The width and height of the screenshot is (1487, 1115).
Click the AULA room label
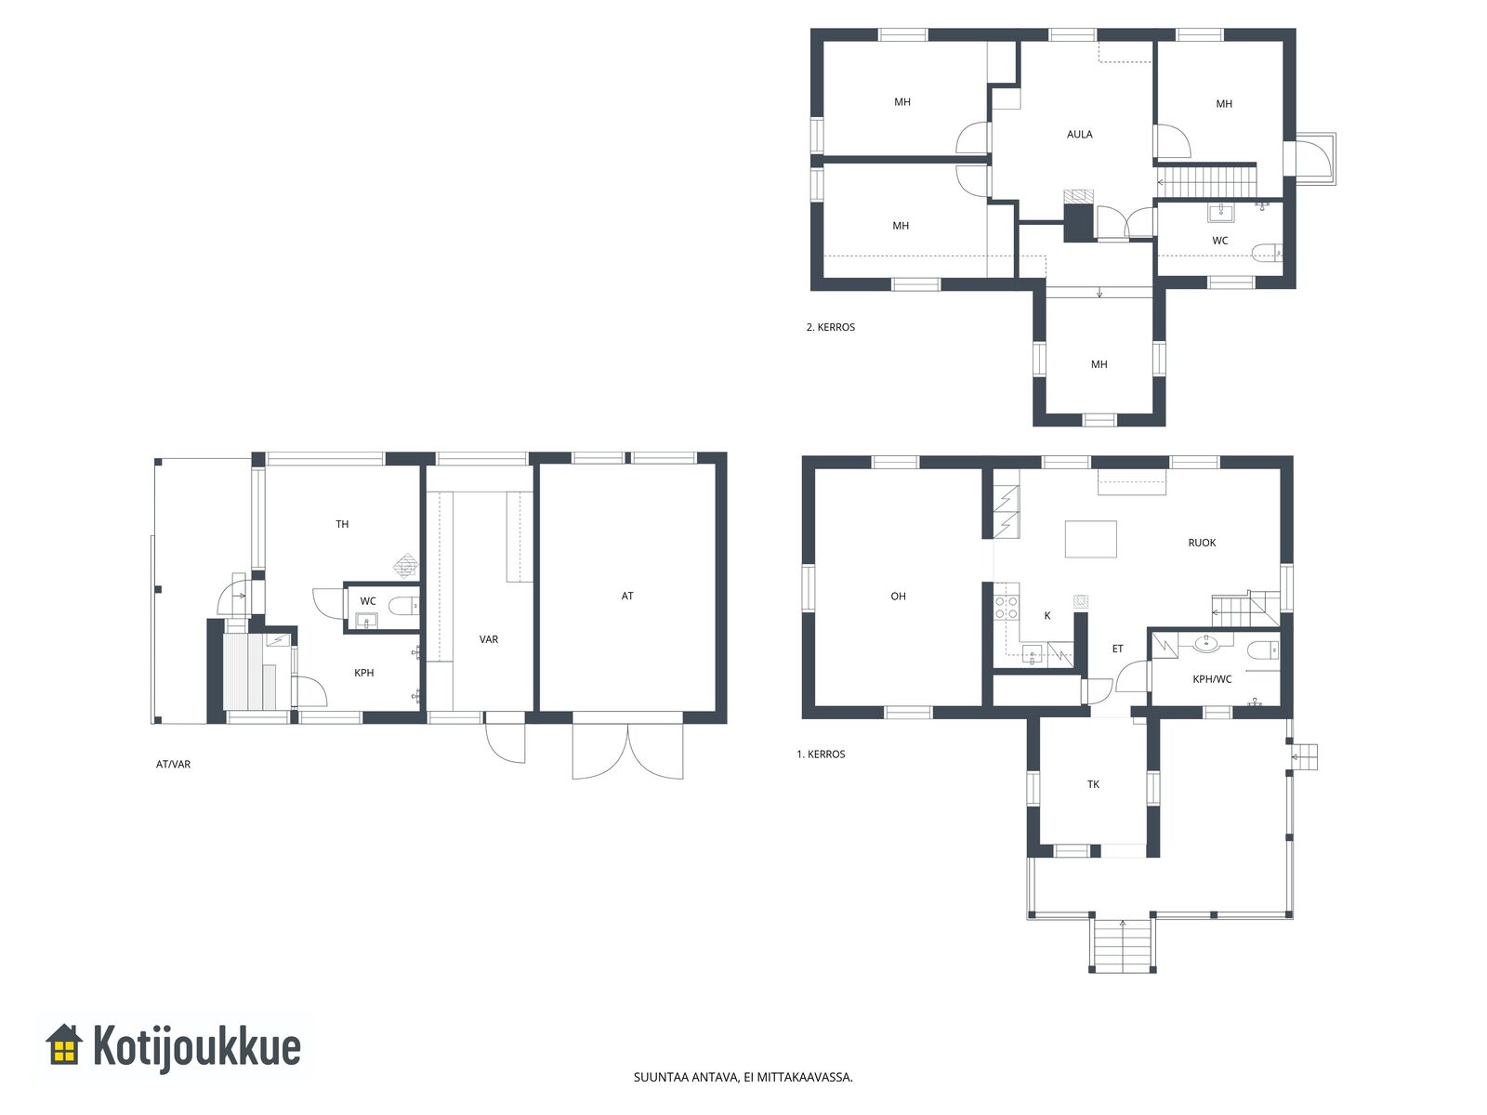tap(1079, 134)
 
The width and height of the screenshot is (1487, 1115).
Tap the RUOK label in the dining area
tap(1202, 543)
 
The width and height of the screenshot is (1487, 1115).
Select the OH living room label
tap(898, 596)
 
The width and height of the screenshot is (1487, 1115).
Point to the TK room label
tap(1093, 784)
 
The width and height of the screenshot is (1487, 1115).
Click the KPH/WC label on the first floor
tap(1212, 679)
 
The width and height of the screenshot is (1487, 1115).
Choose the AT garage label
tap(627, 596)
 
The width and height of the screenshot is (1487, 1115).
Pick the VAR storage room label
tap(489, 639)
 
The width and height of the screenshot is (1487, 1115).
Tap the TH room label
tap(342, 524)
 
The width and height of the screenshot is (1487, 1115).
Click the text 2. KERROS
tap(831, 327)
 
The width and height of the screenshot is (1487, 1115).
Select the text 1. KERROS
tap(821, 754)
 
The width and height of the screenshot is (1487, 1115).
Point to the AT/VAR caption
tap(174, 765)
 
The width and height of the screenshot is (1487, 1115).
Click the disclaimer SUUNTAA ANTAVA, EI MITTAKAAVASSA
tap(743, 1077)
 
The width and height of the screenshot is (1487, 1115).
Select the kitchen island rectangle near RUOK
tap(1091, 539)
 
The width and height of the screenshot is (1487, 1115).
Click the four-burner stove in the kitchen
tap(1007, 608)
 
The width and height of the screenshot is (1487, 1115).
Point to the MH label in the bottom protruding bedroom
tap(1099, 364)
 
